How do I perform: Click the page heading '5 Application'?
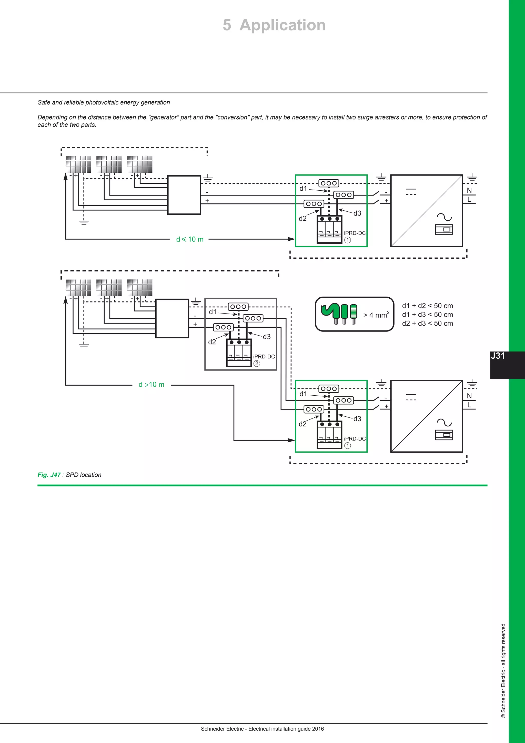[274, 25]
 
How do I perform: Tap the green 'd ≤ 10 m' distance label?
[190, 239]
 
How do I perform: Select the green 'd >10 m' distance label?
[151, 385]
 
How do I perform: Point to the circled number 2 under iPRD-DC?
[256, 363]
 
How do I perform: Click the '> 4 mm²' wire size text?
[376, 315]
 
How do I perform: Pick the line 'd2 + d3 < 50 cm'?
[427, 323]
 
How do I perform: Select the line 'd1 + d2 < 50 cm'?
[427, 306]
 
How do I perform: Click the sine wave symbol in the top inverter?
[444, 217]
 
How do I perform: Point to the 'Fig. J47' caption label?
[49, 475]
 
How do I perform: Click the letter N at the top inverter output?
[469, 191]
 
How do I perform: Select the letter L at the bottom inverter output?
[469, 405]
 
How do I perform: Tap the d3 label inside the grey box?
[266, 337]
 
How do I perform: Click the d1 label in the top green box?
[303, 188]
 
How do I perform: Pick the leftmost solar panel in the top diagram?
[78, 164]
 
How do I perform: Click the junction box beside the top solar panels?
[184, 195]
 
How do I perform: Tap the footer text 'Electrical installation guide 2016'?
[286, 729]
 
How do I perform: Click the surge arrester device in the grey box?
[239, 353]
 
